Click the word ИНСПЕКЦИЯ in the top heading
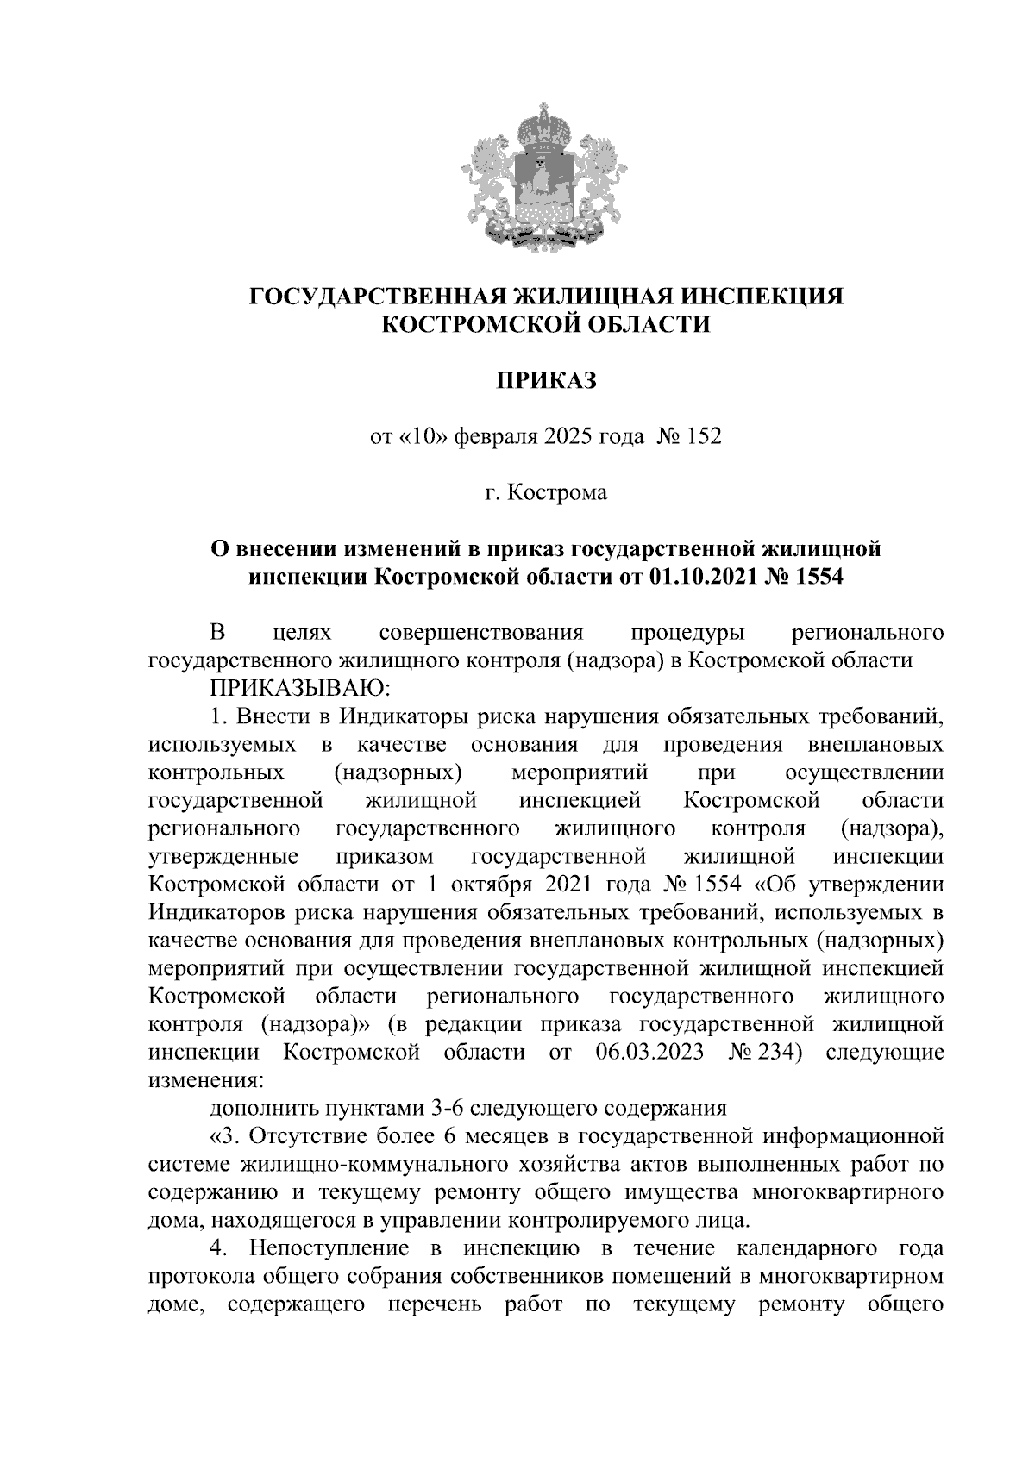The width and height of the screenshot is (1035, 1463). coord(762,297)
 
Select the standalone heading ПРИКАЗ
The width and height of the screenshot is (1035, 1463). coord(545,380)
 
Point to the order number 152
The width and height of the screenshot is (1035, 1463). coord(703,437)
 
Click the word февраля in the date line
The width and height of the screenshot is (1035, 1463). coord(496,437)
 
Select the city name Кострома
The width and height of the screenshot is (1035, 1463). coord(557,493)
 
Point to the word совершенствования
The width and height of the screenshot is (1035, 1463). coord(481,633)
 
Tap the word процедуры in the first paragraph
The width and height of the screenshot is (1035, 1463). coord(687,633)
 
